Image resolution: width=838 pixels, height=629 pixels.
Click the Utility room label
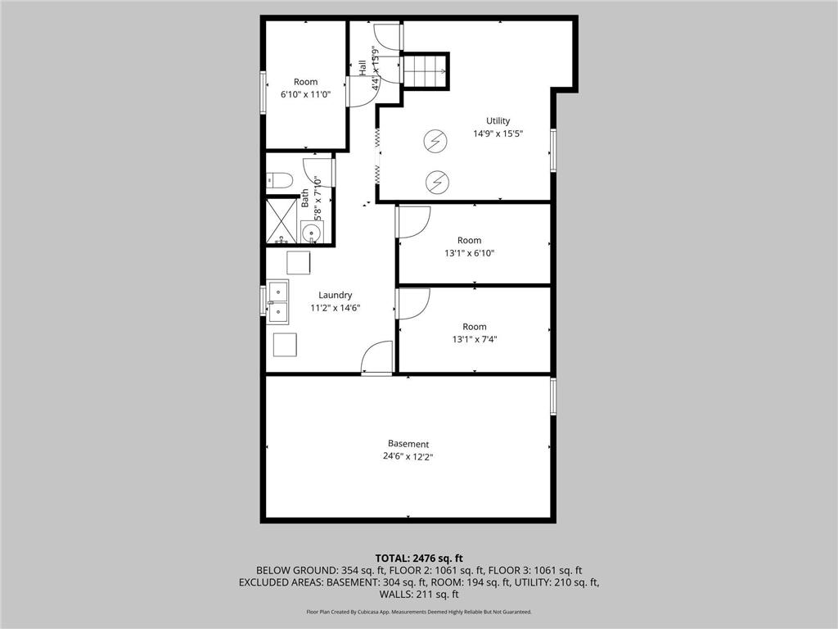(498, 121)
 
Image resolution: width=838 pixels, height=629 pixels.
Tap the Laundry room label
(336, 295)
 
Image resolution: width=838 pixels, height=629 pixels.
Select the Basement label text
(408, 444)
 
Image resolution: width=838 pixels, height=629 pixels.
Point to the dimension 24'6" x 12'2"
(408, 457)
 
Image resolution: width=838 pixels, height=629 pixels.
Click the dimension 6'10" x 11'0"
(305, 95)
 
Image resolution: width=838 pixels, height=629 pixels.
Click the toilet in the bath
(275, 180)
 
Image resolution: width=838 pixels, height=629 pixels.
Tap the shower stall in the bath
(282, 220)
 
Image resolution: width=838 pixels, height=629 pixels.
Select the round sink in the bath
(312, 233)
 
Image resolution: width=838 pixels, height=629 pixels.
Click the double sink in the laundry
(278, 301)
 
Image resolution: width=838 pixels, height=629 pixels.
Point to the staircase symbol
(426, 70)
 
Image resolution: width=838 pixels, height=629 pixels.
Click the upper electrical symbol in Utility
(435, 142)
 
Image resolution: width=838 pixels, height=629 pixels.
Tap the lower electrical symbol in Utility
(437, 180)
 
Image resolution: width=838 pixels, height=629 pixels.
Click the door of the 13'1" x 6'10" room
(413, 222)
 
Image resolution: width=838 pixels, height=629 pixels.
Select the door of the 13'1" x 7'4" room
(413, 305)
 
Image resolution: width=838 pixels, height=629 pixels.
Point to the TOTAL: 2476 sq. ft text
(419, 559)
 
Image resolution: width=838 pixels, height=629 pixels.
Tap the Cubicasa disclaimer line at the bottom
(419, 612)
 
